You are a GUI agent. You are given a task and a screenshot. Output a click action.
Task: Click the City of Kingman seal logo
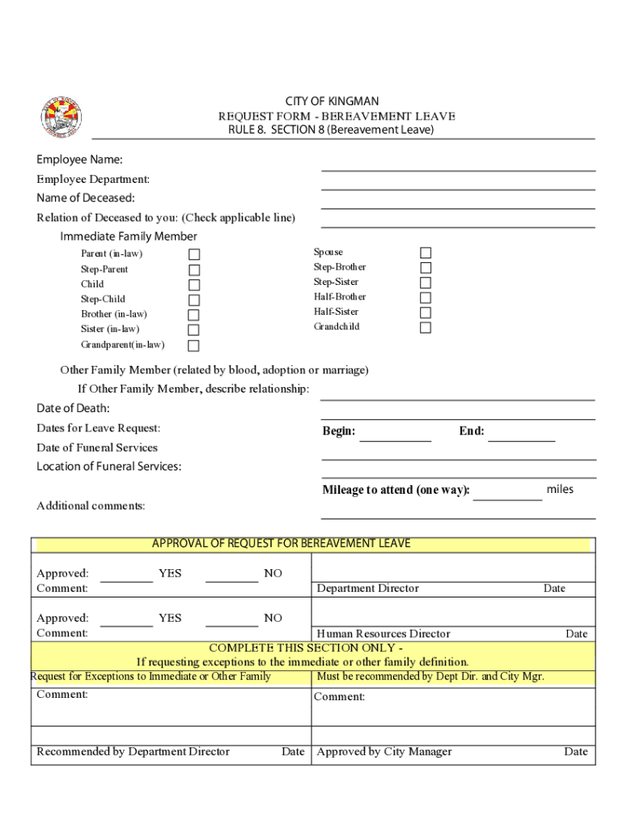click(61, 117)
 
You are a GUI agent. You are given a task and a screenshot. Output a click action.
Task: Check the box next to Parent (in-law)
click(194, 254)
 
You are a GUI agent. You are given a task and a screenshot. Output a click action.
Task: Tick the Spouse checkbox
click(426, 253)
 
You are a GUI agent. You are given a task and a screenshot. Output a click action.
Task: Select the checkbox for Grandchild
click(426, 328)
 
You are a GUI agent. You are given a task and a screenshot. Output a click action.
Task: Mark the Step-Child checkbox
click(194, 300)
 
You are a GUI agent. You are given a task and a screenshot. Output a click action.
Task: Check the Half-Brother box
click(426, 298)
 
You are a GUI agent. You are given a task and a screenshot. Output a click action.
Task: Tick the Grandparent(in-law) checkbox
click(194, 346)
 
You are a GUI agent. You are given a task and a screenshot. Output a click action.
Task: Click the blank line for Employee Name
click(458, 165)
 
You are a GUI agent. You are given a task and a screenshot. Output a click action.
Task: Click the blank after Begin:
click(395, 436)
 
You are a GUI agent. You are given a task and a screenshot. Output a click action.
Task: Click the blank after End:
click(521, 436)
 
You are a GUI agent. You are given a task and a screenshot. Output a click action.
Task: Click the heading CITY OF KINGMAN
click(332, 101)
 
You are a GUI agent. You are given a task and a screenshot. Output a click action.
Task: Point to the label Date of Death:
click(73, 408)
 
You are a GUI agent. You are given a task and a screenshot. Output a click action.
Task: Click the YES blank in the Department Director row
click(127, 576)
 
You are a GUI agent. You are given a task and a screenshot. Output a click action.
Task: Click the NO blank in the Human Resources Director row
click(231, 621)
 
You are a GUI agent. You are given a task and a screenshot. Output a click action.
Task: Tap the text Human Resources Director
click(384, 634)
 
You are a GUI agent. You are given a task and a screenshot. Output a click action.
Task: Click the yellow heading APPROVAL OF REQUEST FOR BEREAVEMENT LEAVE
click(282, 544)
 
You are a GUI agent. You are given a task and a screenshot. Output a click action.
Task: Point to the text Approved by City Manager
click(384, 752)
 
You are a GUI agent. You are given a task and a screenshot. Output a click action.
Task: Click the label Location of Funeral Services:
click(108, 466)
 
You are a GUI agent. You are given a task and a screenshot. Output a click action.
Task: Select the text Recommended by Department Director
click(133, 752)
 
